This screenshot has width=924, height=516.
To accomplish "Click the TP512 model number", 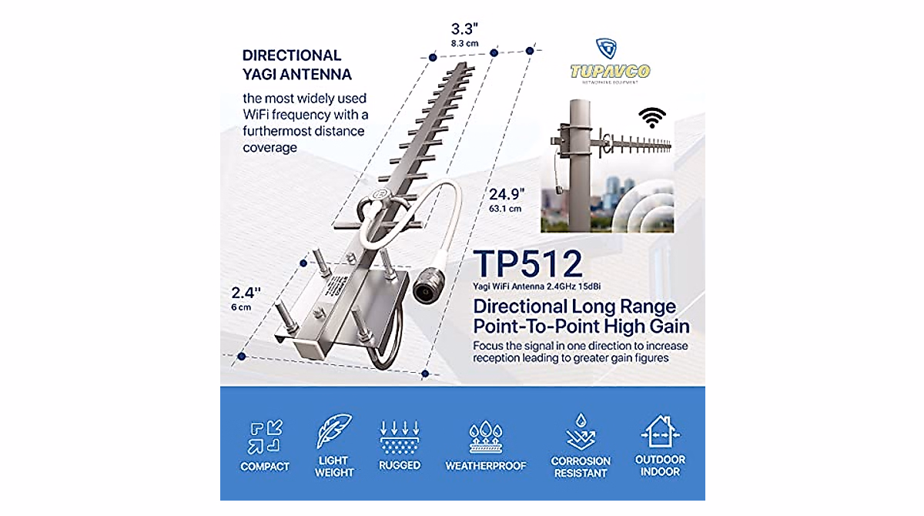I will (528, 263).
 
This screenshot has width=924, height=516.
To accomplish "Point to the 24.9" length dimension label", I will (506, 193).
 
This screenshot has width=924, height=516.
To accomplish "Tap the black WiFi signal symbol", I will (654, 117).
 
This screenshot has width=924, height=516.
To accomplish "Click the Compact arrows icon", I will (264, 437).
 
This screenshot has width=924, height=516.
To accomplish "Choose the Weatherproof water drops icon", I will (485, 437).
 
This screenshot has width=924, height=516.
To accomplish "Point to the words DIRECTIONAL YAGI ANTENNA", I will (296, 65).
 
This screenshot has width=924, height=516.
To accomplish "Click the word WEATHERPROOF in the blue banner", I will (485, 466).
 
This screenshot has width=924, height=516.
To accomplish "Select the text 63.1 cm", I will (506, 208).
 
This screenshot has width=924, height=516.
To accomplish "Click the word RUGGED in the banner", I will (400, 465).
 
